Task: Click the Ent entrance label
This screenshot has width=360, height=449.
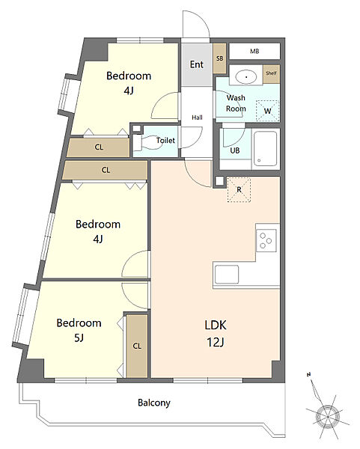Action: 197,64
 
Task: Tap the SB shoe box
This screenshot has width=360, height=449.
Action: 219,58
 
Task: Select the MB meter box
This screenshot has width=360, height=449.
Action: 254,51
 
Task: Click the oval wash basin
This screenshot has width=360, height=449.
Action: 246,77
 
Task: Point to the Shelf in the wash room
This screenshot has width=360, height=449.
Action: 271,74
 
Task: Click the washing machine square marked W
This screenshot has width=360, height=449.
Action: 267,111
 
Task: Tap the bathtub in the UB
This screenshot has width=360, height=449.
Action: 266,149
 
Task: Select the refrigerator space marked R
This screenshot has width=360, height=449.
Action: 239,189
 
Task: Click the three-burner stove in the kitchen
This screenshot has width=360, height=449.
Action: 266,241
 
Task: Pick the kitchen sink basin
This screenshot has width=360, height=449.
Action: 227,274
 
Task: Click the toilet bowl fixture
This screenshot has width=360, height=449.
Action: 147,141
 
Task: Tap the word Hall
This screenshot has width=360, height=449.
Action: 197,117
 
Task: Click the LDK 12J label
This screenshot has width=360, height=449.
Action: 216,333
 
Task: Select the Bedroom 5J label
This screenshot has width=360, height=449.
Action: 79,330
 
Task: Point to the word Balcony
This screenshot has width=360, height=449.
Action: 154,403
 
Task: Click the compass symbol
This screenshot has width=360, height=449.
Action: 327,414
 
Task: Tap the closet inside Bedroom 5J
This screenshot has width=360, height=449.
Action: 137,346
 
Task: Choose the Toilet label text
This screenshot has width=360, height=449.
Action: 165,141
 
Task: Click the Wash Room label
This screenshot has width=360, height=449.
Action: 236,103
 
